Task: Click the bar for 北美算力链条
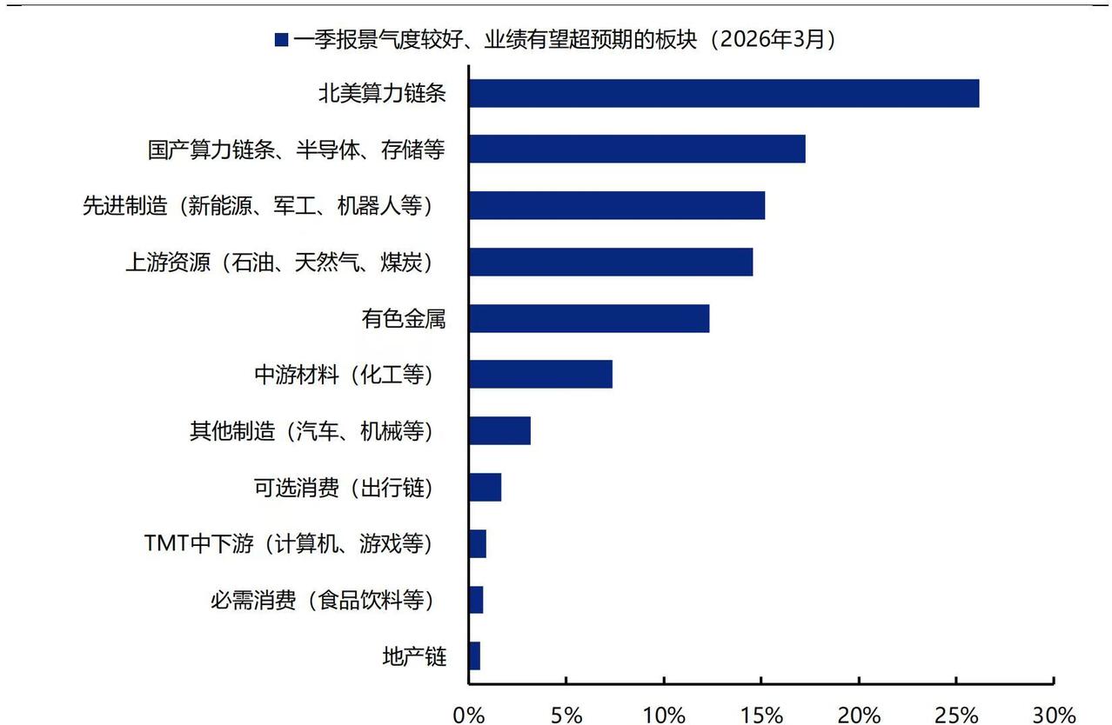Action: (x=723, y=93)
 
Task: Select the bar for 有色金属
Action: (x=588, y=318)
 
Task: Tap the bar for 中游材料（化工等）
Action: (x=539, y=374)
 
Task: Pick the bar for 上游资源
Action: (x=610, y=262)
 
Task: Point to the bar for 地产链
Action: (x=474, y=656)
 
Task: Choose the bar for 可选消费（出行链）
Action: (x=485, y=488)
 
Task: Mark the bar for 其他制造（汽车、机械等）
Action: (x=499, y=430)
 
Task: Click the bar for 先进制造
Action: (x=616, y=205)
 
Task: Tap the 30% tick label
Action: (x=1053, y=715)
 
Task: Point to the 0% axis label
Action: (x=469, y=715)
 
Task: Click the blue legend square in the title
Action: (x=281, y=39)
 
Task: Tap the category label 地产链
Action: (x=414, y=656)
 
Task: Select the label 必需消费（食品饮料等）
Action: (x=321, y=600)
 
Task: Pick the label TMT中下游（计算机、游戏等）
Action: (x=288, y=544)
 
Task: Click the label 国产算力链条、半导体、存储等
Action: (x=296, y=150)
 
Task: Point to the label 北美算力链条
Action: (x=382, y=93)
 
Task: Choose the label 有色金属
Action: (x=403, y=318)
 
